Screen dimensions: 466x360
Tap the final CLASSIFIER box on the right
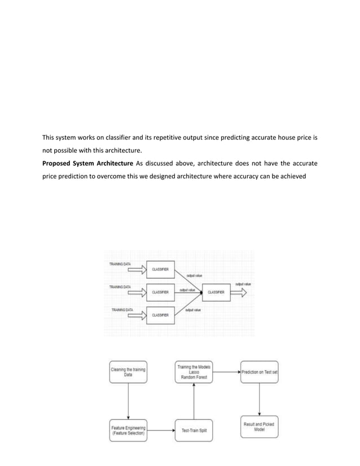(217, 292)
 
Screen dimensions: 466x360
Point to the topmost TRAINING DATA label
(120, 263)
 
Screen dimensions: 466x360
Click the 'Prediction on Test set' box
(260, 372)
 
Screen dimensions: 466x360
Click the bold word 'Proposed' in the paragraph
(60, 164)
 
